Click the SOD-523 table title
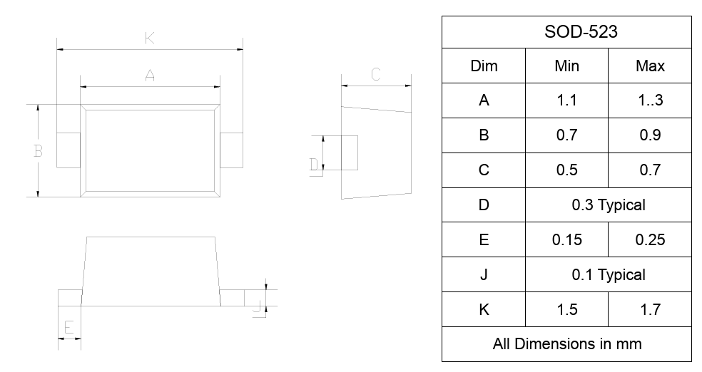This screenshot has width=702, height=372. (x=566, y=32)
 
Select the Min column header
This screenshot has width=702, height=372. (x=566, y=66)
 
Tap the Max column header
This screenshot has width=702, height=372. (x=650, y=66)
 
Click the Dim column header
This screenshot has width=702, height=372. (x=484, y=66)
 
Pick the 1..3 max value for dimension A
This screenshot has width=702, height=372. (x=650, y=100)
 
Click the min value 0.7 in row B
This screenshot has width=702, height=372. (x=566, y=135)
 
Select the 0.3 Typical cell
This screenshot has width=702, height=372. (x=608, y=205)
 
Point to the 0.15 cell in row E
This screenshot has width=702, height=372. (x=566, y=240)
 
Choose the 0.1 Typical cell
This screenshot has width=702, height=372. (x=608, y=275)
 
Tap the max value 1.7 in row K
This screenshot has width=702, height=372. (x=650, y=310)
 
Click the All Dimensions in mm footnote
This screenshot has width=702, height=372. (x=566, y=344)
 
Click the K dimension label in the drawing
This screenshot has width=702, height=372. (x=149, y=39)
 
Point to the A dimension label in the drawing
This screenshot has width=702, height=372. (x=150, y=75)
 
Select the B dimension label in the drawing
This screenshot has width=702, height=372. (x=39, y=151)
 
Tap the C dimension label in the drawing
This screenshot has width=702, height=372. (x=376, y=74)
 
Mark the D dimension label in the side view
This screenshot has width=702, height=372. (x=314, y=165)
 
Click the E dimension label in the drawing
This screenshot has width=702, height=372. (x=69, y=328)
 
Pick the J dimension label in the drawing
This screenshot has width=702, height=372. (x=256, y=307)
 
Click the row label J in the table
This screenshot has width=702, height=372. (x=484, y=275)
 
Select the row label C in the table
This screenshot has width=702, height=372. (x=484, y=170)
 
